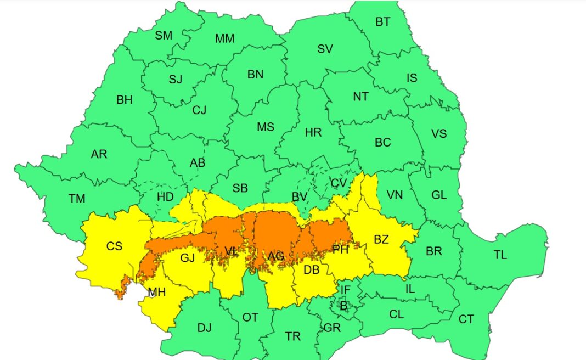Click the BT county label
click(x=383, y=22)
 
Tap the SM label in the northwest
click(x=164, y=36)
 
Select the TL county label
click(x=500, y=255)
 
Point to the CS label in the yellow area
click(x=114, y=246)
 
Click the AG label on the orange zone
click(x=276, y=256)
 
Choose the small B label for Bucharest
click(x=343, y=306)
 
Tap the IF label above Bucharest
click(x=345, y=290)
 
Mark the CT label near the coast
click(x=466, y=319)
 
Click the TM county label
click(x=77, y=199)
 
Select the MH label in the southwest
click(x=156, y=292)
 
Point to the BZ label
click(x=381, y=239)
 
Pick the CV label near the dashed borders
click(x=339, y=183)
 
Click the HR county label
click(x=313, y=132)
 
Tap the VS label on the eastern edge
click(x=439, y=133)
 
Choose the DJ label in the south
click(x=204, y=328)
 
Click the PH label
click(x=341, y=250)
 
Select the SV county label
click(x=325, y=49)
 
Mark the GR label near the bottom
click(x=332, y=328)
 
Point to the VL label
click(x=232, y=251)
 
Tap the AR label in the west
click(x=99, y=154)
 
